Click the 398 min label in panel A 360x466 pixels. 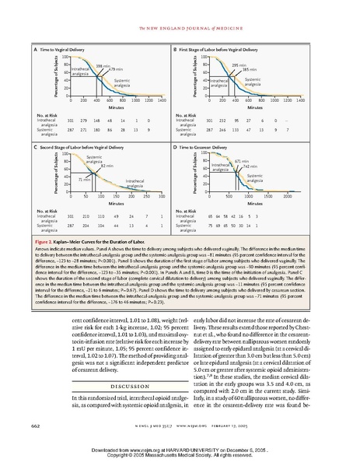100,65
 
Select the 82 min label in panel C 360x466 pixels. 107,166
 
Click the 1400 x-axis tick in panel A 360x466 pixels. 160,100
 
